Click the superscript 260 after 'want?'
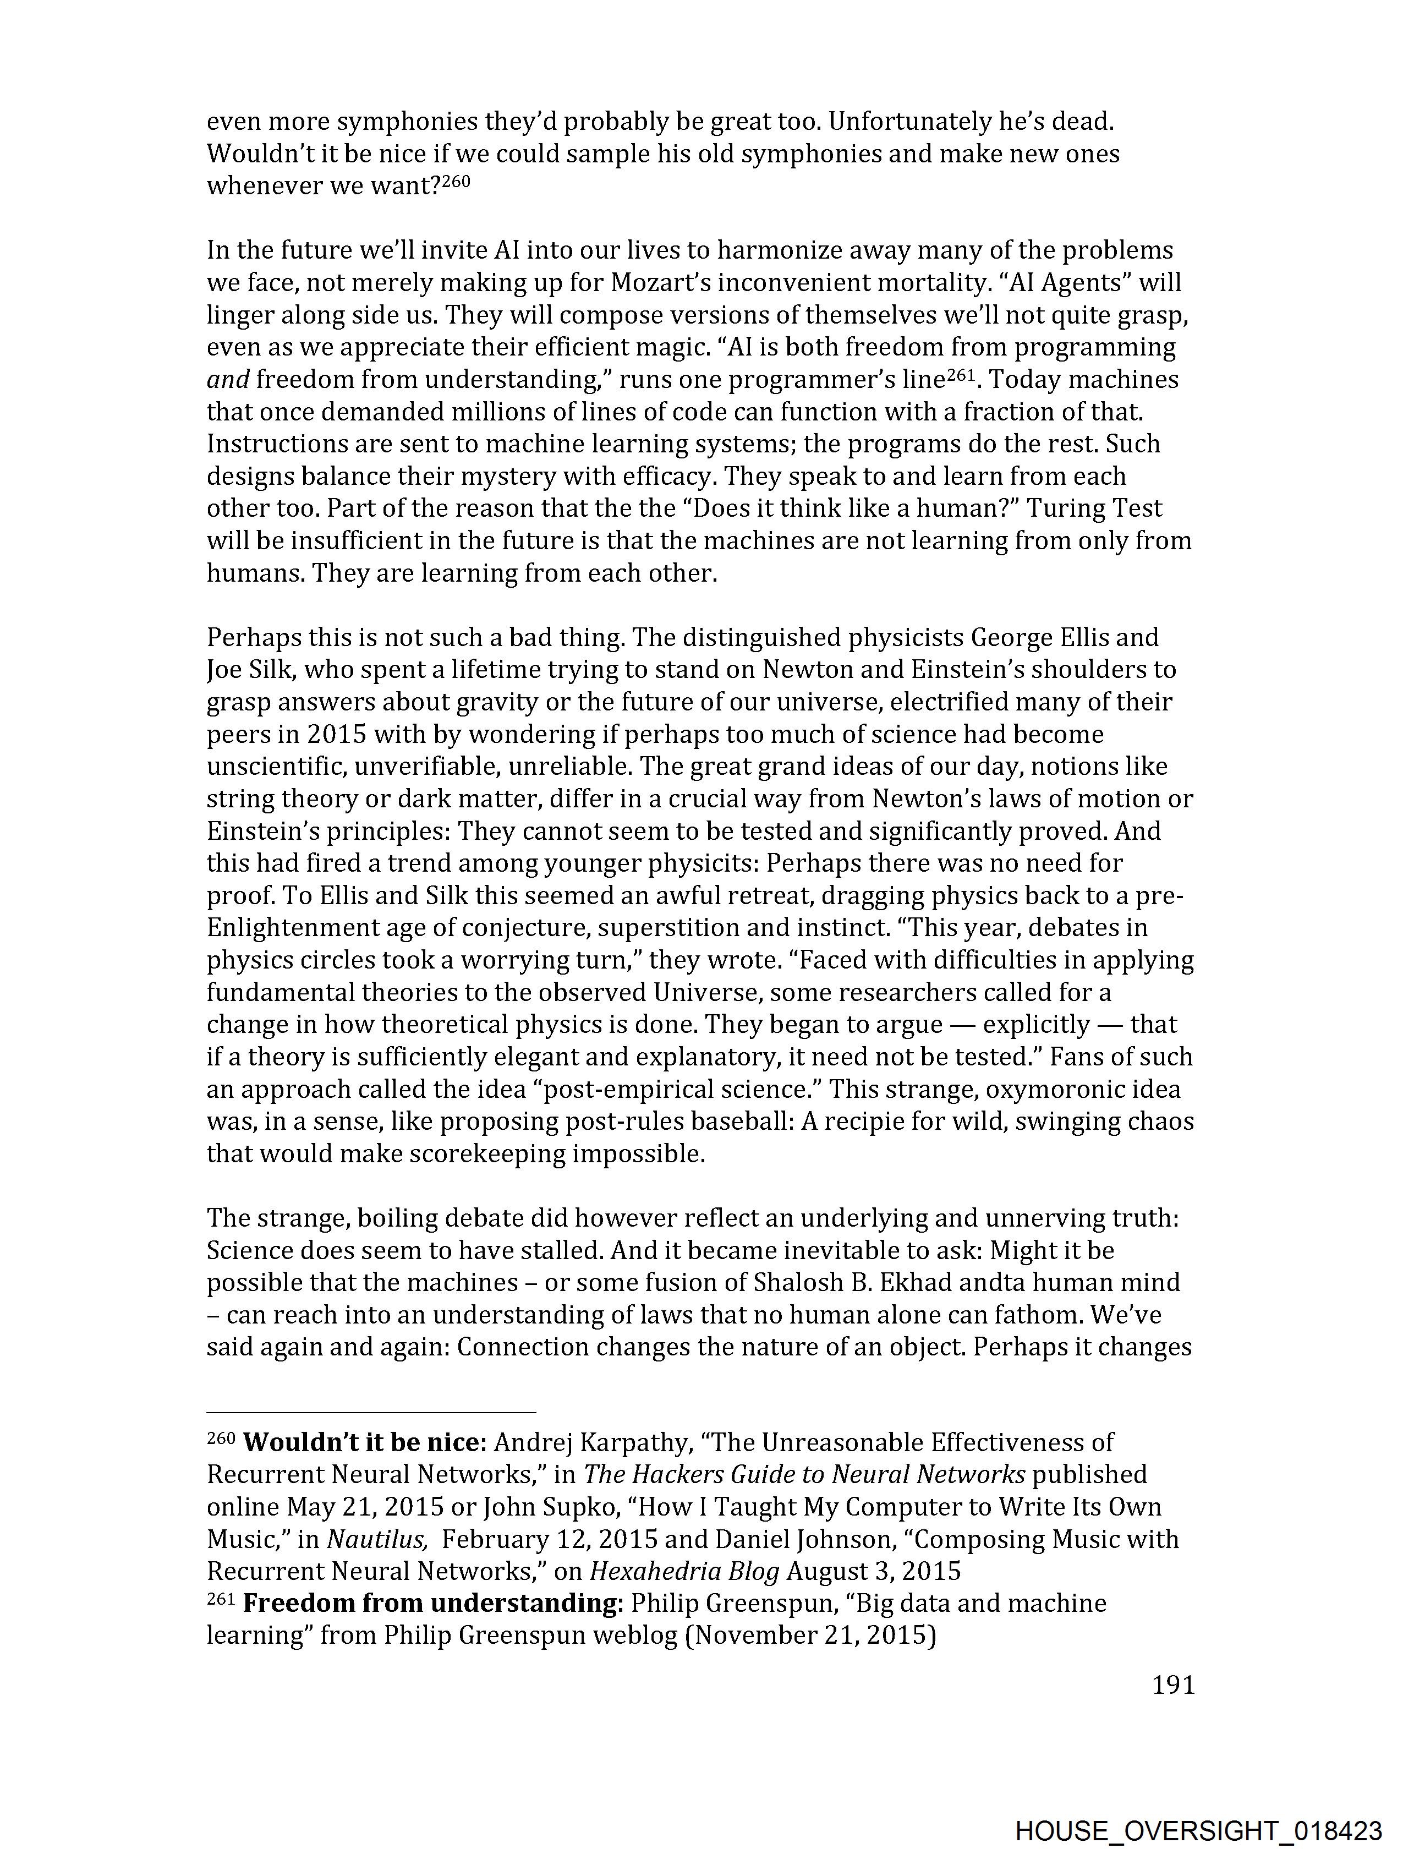456,179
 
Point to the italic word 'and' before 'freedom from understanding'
228,380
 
